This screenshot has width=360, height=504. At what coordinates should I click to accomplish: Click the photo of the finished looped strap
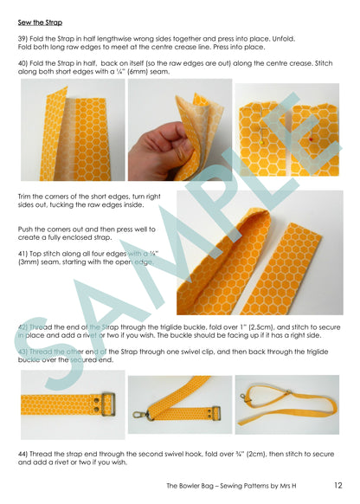(286, 404)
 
